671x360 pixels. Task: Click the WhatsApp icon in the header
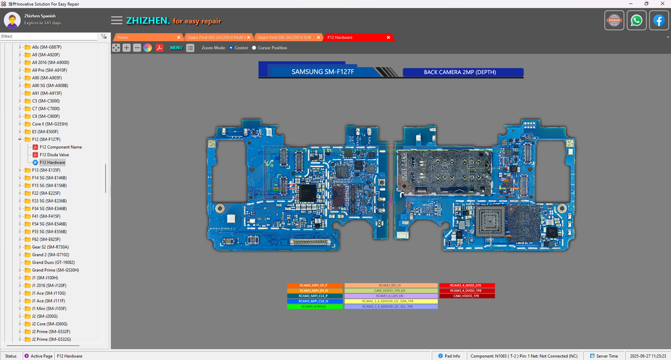[x=636, y=20]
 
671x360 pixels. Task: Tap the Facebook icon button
[x=659, y=20]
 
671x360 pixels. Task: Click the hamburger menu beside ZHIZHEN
[x=116, y=20]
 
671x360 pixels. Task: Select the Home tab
[x=123, y=37]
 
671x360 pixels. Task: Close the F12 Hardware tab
[x=388, y=37]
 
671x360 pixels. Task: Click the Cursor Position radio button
[x=254, y=48]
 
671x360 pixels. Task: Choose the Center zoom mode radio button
[x=231, y=48]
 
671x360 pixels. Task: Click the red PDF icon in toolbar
[x=159, y=48]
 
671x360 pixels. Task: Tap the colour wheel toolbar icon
[x=148, y=48]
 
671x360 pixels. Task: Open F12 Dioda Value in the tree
[x=54, y=155]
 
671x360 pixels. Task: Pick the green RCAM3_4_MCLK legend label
[x=314, y=307]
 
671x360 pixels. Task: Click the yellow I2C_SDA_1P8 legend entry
[x=391, y=301]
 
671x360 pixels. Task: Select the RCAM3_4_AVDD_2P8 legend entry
[x=467, y=286]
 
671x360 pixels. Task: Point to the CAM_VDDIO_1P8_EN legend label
[x=391, y=290]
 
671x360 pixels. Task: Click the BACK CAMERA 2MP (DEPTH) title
[x=460, y=72]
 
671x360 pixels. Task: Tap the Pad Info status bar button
[x=449, y=356]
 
